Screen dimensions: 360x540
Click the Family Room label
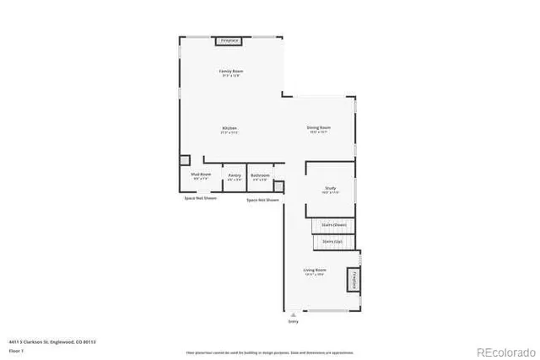(230, 72)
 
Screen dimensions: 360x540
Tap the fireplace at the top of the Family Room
(230, 40)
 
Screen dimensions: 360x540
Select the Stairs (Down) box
(334, 225)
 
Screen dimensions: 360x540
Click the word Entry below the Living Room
(293, 320)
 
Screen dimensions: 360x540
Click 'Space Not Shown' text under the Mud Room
(201, 198)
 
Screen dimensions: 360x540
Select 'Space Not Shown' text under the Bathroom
(262, 201)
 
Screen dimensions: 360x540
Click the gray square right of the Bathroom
(279, 186)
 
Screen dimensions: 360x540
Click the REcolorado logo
(505, 352)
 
